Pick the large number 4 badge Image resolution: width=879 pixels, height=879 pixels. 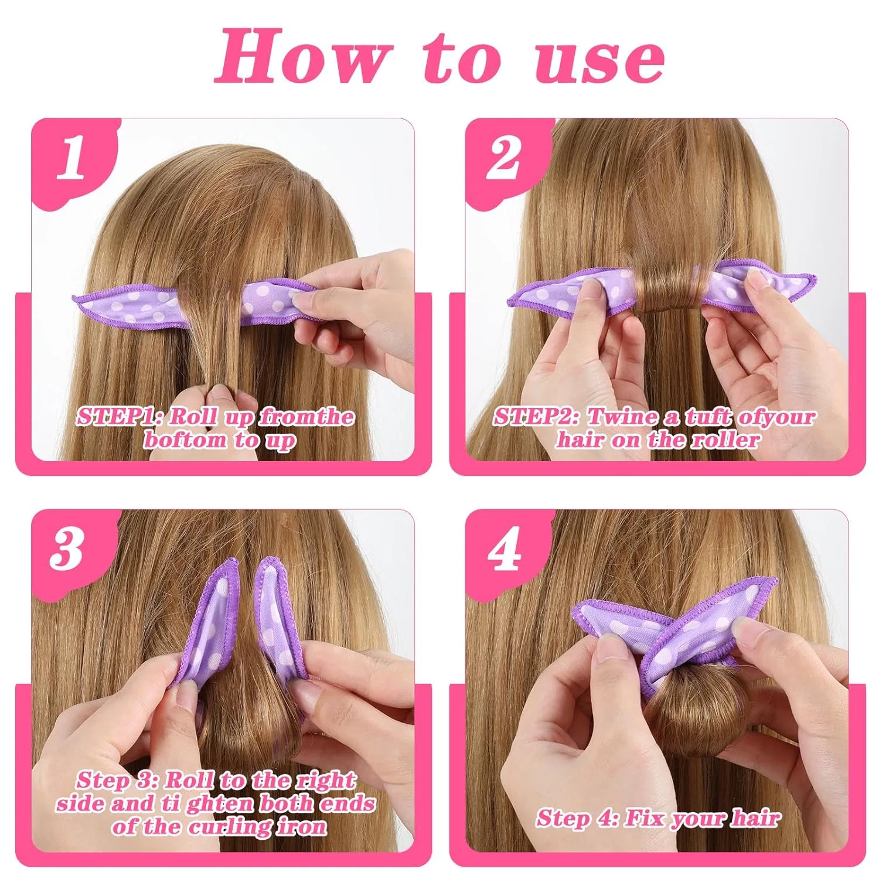pyautogui.click(x=505, y=550)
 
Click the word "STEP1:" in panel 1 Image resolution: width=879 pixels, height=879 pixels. pyautogui.click(x=120, y=417)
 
